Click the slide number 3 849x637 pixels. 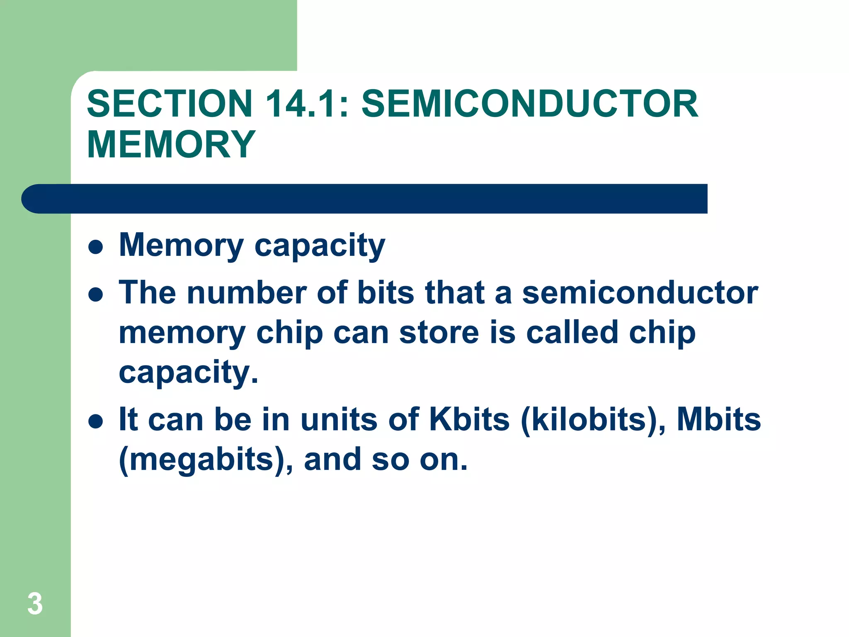point(35,604)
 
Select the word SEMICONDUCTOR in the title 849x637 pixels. point(530,104)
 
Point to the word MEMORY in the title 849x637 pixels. point(171,144)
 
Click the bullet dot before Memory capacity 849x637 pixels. point(96,248)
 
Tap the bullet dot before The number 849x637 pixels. point(96,295)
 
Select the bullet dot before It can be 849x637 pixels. point(96,422)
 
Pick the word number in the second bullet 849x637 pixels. point(247,293)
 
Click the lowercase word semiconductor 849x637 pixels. point(640,293)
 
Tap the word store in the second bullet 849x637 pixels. point(439,333)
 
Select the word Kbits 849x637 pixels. point(469,420)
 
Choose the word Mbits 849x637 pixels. point(719,420)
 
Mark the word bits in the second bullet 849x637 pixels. point(386,293)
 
